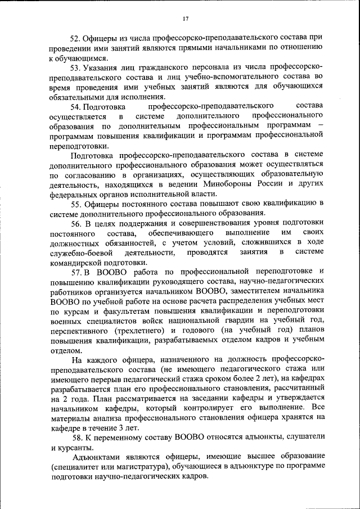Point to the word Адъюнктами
tap(96, 457)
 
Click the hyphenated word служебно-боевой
tap(79, 252)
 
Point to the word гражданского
tap(169, 67)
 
